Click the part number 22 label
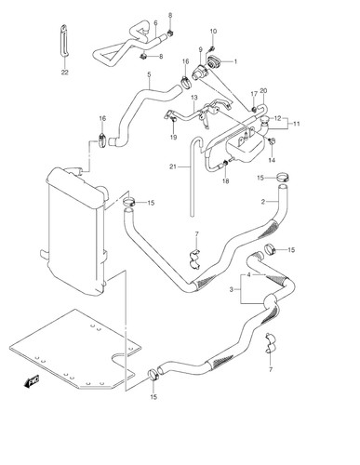point(64,73)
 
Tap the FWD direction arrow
point(32,381)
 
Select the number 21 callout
point(173,166)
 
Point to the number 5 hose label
point(149,74)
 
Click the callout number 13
point(194,98)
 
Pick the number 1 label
point(235,61)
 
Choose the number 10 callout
point(213,32)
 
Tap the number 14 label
point(272,160)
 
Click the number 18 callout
point(226,181)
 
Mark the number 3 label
point(231,289)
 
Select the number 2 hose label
point(263,202)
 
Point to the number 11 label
point(297,124)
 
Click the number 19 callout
point(173,137)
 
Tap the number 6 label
point(155,23)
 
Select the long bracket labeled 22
point(64,41)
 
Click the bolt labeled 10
point(213,48)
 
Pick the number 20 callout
point(263,91)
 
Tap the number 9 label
point(200,49)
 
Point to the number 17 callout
point(254,94)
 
